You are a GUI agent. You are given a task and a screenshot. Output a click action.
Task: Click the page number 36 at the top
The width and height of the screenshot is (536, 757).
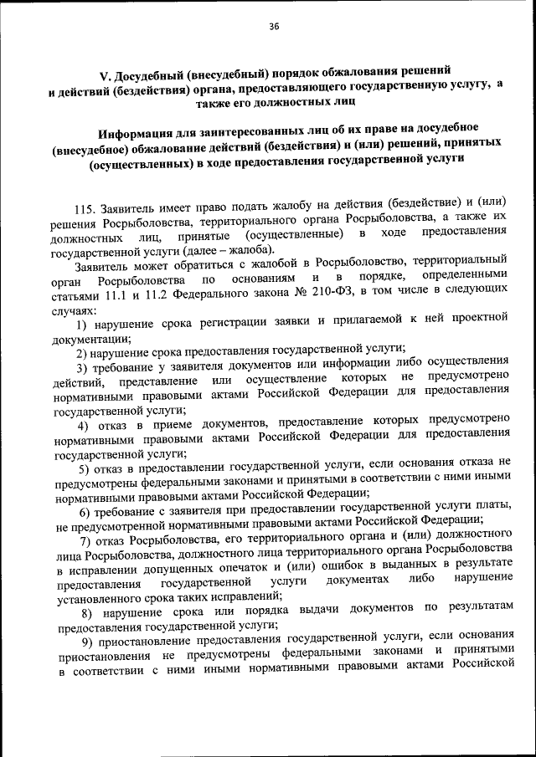[x=273, y=27]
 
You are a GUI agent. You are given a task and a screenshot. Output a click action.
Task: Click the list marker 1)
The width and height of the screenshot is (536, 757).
[x=83, y=323]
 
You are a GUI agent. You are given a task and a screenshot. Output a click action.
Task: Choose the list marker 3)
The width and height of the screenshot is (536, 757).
[x=83, y=364]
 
